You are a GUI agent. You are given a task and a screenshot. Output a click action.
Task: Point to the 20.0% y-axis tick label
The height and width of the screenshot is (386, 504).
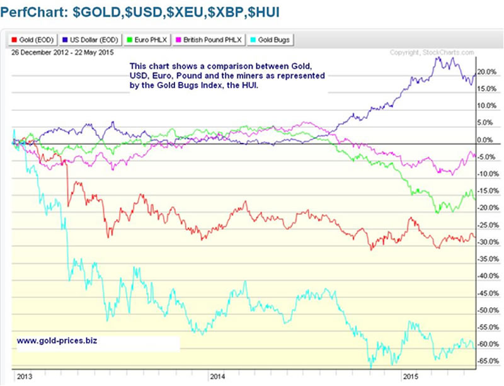486,72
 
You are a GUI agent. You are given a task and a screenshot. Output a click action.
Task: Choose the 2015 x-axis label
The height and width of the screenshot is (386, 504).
411,377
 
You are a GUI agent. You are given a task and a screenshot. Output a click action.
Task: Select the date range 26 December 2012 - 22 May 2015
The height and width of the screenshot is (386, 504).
54,52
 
